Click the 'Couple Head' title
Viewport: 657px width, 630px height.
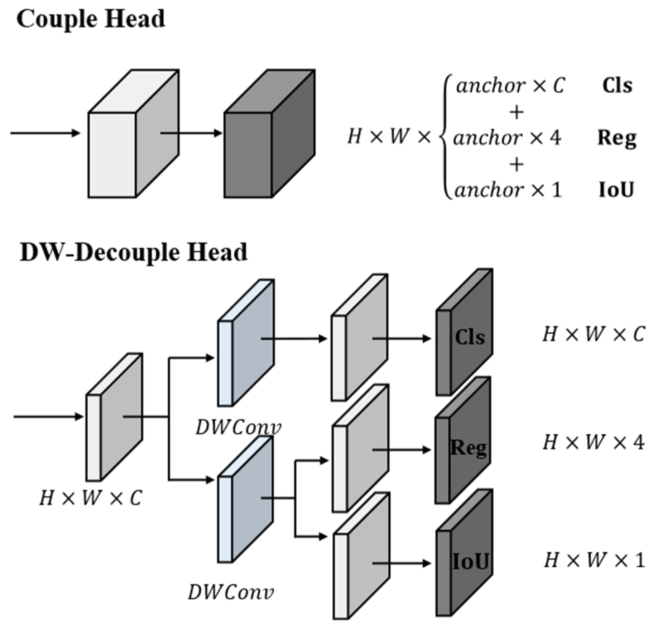point(90,19)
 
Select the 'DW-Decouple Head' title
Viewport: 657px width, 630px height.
point(133,252)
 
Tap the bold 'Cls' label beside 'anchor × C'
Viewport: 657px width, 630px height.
point(617,86)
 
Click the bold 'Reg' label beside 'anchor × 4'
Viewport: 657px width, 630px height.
point(617,138)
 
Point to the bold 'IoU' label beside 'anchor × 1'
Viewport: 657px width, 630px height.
point(616,190)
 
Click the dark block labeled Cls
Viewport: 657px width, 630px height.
point(464,335)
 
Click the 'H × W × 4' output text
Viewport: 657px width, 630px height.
point(593,443)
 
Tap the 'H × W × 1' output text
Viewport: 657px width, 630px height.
point(594,560)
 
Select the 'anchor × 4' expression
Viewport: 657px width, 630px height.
point(507,138)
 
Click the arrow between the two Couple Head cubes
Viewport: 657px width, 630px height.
point(191,133)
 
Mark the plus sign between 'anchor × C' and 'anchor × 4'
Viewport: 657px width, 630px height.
point(516,112)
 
